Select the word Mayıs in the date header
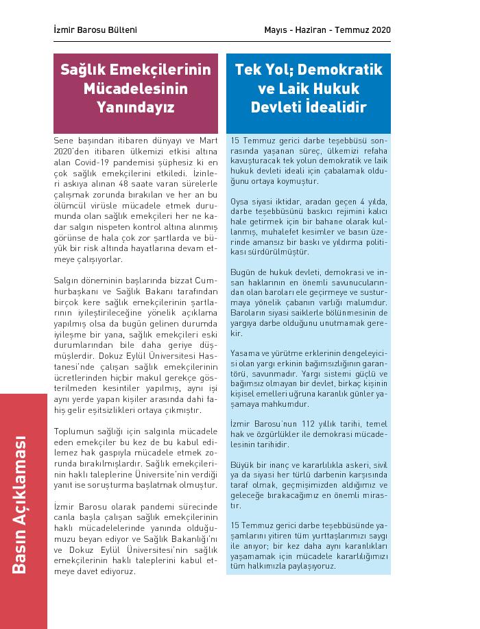point(278,30)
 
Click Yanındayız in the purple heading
point(135,108)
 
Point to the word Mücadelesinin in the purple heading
point(135,89)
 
